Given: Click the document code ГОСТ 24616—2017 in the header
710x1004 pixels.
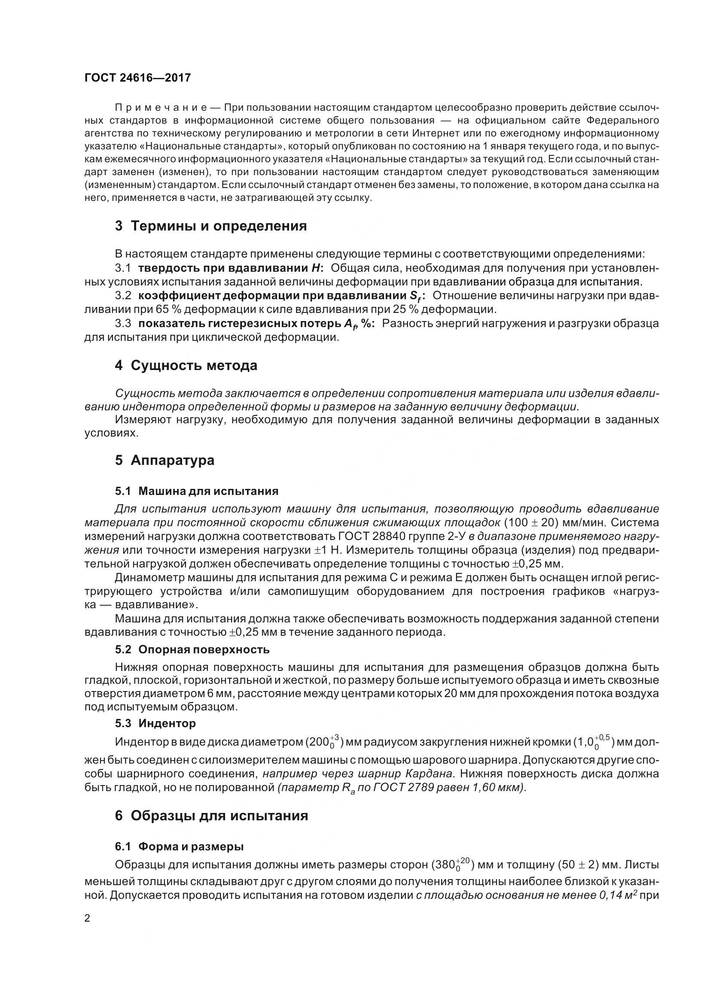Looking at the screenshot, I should click(137, 78).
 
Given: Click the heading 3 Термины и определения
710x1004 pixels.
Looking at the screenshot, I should click(210, 226).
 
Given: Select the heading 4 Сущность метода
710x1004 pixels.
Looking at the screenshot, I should click(186, 365).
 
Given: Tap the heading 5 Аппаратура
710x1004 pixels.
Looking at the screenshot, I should click(165, 460).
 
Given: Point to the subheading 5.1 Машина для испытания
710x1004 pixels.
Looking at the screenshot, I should click(196, 491).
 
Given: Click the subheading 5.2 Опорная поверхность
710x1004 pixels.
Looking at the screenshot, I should click(192, 649).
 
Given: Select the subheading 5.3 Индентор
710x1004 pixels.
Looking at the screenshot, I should click(155, 723).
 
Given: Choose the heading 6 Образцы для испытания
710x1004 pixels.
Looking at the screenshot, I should click(211, 816).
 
